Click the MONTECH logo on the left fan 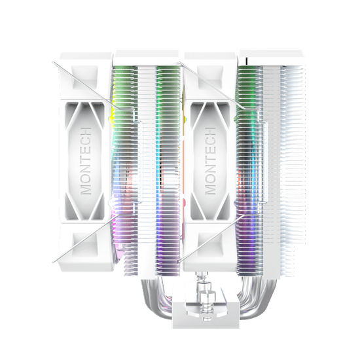pyautogui.click(x=86, y=161)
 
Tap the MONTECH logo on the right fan pyautogui.click(x=210, y=161)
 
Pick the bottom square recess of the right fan pyautogui.click(x=210, y=245)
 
